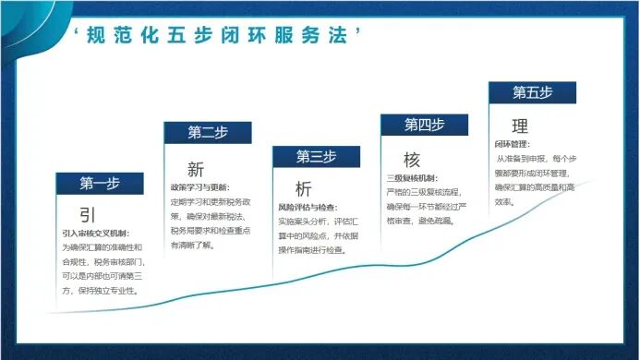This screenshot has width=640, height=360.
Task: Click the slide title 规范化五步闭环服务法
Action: click(216, 36)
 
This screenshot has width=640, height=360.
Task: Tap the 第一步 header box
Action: click(100, 183)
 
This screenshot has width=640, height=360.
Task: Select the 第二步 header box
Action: click(208, 132)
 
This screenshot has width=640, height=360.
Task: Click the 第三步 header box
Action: click(316, 155)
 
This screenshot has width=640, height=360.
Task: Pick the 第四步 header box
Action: click(424, 125)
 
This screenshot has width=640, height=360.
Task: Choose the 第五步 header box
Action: click(532, 92)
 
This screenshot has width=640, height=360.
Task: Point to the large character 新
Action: click(196, 170)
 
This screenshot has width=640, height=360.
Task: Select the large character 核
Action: click(412, 159)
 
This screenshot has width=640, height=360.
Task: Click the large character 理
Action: click(520, 126)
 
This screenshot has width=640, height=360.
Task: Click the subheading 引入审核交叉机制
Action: click(96, 234)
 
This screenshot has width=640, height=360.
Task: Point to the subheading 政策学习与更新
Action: click(199, 187)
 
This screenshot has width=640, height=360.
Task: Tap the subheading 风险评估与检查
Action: click(308, 208)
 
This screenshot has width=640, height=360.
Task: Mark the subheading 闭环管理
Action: click(513, 145)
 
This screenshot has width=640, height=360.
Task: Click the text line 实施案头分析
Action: click(308, 222)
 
